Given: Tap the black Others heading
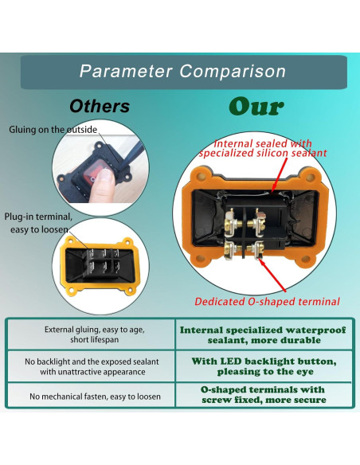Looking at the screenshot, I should pyautogui.click(x=100, y=106).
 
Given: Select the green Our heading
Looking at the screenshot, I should pyautogui.click(x=256, y=106).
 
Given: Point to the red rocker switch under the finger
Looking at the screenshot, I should pyautogui.click(x=100, y=177).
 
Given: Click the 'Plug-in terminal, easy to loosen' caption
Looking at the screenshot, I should pyautogui.click(x=39, y=223).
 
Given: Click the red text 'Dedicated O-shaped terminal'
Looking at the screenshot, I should pyautogui.click(x=267, y=302).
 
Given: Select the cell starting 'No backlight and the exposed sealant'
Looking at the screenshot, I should pyautogui.click(x=90, y=366).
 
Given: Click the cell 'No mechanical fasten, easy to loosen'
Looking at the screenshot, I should pyautogui.click(x=90, y=396).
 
